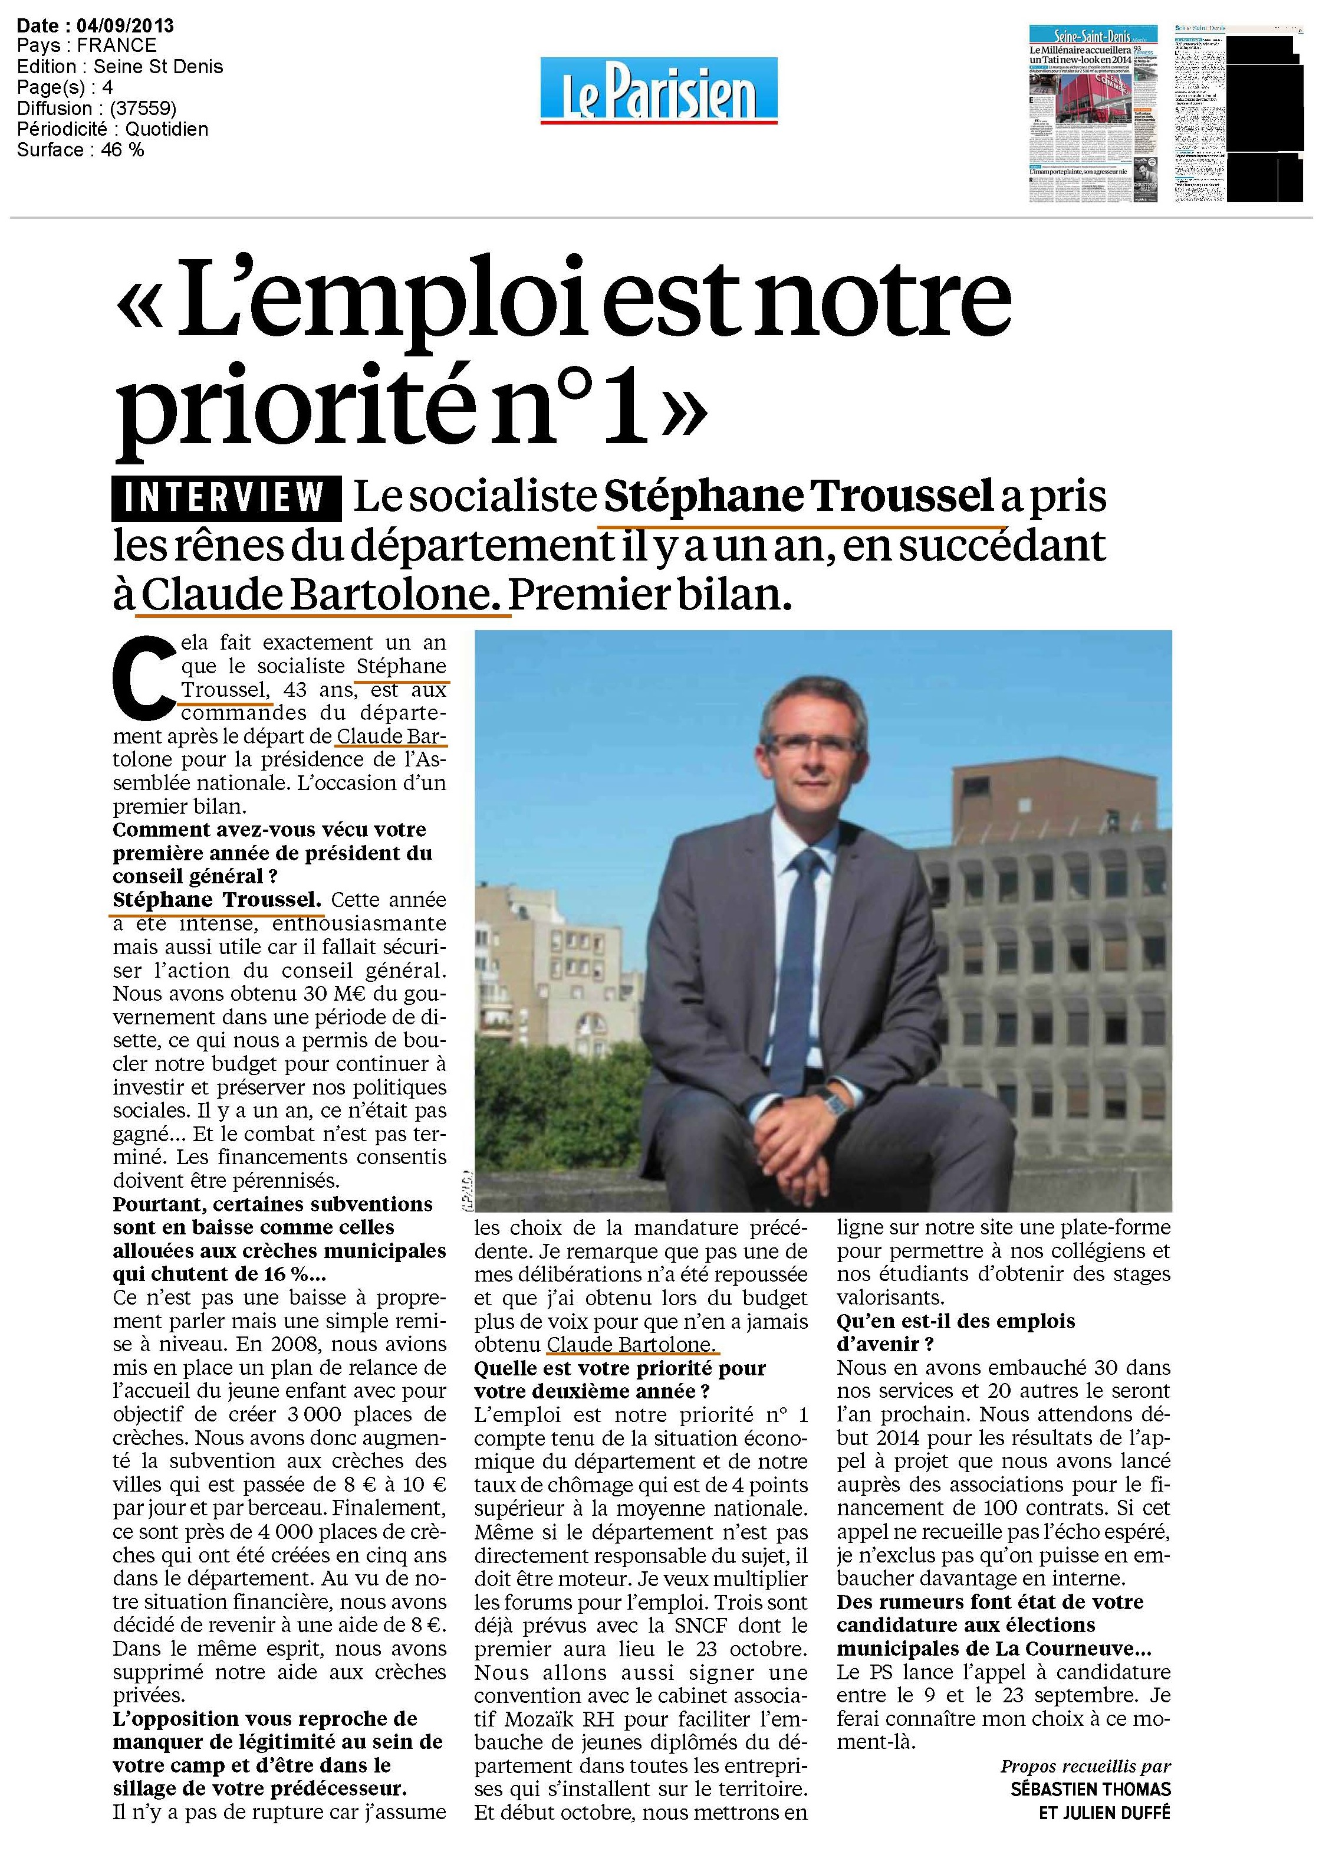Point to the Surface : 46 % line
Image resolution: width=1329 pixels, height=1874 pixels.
(80, 150)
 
